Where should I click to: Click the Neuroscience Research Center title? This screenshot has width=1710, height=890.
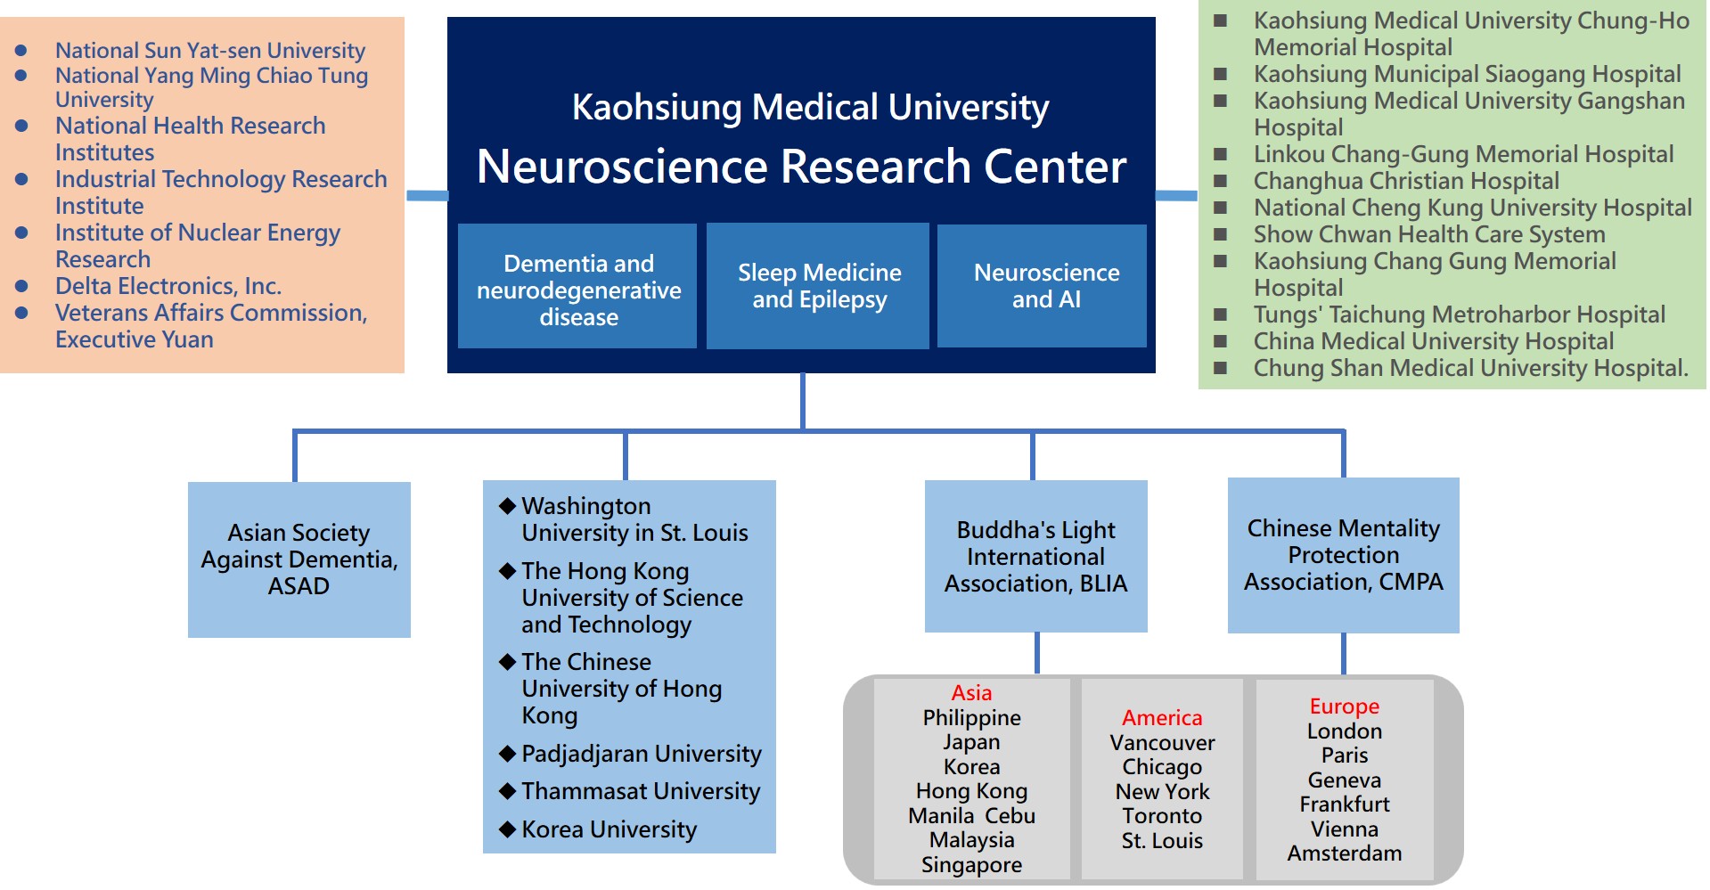pyautogui.click(x=801, y=167)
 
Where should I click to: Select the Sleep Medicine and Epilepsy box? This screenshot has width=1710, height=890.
pyautogui.click(x=818, y=286)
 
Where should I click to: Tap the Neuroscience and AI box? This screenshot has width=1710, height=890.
pyautogui.click(x=1045, y=286)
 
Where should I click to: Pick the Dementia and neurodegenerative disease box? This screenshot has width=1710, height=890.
pyautogui.click(x=577, y=290)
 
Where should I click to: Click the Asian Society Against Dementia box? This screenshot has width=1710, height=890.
pyautogui.click(x=299, y=559)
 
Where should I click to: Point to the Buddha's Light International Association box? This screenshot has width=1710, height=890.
pyautogui.click(x=1035, y=557)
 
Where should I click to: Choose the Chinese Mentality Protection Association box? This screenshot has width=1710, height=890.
pyautogui.click(x=1343, y=555)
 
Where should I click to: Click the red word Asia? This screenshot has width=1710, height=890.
pyautogui.click(x=971, y=693)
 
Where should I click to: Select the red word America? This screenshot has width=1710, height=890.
pyautogui.click(x=1162, y=718)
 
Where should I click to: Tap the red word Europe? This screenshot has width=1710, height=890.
pyautogui.click(x=1344, y=706)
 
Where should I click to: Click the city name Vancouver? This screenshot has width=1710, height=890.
pyautogui.click(x=1162, y=743)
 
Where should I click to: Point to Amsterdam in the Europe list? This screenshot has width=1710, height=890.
pyautogui.click(x=1344, y=853)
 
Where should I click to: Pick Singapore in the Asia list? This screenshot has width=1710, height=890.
pyautogui.click(x=971, y=865)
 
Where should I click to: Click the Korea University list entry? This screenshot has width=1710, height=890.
pyautogui.click(x=609, y=829)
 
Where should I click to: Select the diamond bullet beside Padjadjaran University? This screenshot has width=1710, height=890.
pyautogui.click(x=508, y=754)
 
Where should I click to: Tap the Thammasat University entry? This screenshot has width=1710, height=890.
pyautogui.click(x=641, y=791)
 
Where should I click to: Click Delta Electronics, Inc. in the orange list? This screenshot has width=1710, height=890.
pyautogui.click(x=168, y=286)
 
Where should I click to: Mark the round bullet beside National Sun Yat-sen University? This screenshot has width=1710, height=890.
pyautogui.click(x=21, y=51)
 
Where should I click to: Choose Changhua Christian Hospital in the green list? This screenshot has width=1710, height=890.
pyautogui.click(x=1406, y=181)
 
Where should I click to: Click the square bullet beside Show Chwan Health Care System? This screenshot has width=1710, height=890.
pyautogui.click(x=1221, y=234)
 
